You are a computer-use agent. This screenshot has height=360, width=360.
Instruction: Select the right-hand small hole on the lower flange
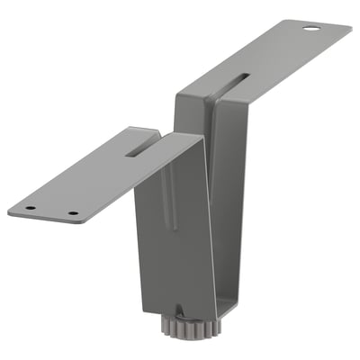click(73, 214)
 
